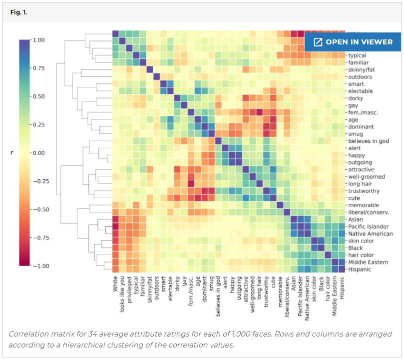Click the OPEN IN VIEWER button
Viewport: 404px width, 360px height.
[x=352, y=42]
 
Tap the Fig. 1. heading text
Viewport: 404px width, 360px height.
[x=18, y=12]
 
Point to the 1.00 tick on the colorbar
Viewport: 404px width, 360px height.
[x=39, y=40]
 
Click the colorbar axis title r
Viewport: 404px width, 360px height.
[x=11, y=153]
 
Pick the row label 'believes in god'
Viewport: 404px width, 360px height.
[x=369, y=141]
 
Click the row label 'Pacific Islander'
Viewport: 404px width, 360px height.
[x=369, y=227]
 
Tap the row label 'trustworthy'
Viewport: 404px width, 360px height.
[x=364, y=191]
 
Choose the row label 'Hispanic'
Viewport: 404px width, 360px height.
[x=360, y=270]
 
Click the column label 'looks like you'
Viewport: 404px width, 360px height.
[x=122, y=295]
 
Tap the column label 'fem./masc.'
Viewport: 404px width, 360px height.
[x=190, y=291]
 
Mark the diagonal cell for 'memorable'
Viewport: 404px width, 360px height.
[x=280, y=205]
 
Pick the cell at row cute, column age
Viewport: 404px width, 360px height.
[x=198, y=198]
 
